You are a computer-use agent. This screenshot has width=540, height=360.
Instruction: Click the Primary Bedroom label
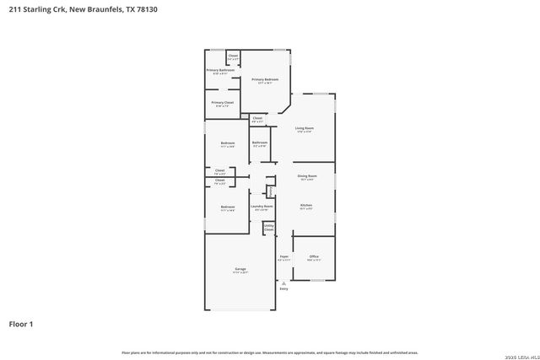265,79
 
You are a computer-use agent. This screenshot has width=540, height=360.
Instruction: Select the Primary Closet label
224,102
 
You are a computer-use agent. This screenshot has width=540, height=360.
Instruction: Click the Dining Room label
306,176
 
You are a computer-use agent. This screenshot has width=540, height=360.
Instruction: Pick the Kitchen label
306,205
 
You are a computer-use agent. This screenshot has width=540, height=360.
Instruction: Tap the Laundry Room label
262,206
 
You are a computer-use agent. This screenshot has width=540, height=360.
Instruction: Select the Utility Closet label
268,226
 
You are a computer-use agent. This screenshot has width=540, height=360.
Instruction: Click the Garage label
240,270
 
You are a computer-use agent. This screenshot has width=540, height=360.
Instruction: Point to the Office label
313,256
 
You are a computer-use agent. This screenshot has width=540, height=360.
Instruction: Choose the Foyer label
283,257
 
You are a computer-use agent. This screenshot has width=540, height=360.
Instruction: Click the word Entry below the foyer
283,289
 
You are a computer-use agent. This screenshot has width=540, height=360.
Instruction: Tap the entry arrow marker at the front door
283,283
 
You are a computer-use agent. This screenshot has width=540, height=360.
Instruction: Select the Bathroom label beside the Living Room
259,142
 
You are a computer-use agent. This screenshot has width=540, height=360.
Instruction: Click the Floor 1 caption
21,323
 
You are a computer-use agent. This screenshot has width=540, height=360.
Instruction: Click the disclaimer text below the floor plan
269,352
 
